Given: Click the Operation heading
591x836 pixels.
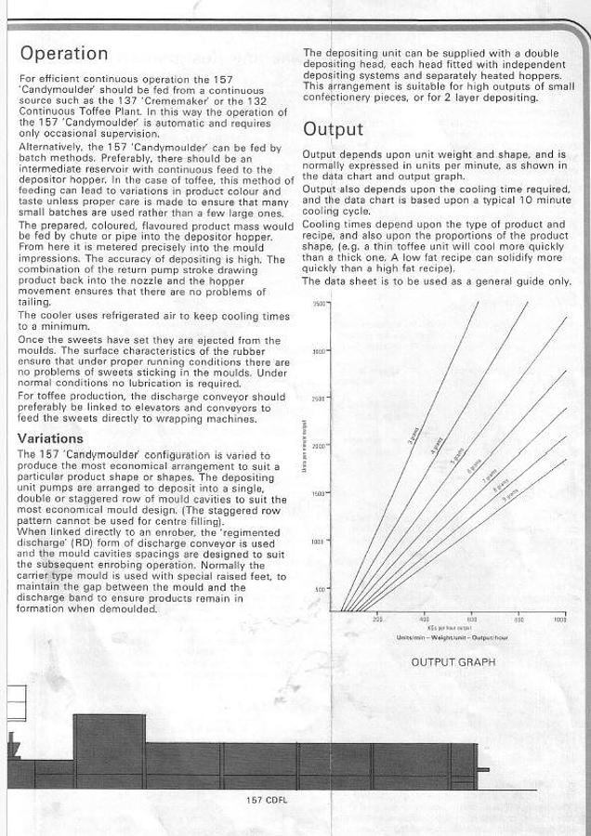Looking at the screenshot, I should pyautogui.click(x=64, y=53).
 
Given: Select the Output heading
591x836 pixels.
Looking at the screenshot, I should pyautogui.click(x=333, y=129).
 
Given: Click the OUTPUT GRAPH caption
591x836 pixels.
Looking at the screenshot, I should pyautogui.click(x=454, y=662).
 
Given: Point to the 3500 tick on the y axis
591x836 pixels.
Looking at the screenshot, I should pyautogui.click(x=320, y=304).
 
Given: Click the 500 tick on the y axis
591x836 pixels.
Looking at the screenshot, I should pyautogui.click(x=322, y=589).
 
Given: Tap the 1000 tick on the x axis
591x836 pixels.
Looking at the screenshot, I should pyautogui.click(x=559, y=619).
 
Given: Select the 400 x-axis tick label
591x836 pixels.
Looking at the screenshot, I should pyautogui.click(x=424, y=619).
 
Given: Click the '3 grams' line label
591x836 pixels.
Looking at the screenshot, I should pyautogui.click(x=412, y=439).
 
